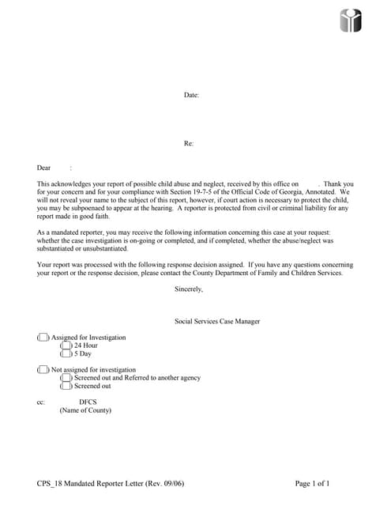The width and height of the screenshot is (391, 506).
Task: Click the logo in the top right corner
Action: click(351, 21)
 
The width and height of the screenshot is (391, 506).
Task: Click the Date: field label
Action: click(191, 95)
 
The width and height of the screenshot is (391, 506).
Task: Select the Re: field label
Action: click(189, 143)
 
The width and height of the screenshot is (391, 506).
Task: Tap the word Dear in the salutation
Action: click(44, 168)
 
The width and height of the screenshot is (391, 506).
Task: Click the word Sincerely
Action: click(189, 289)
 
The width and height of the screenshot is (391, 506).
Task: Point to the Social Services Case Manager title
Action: click(217, 321)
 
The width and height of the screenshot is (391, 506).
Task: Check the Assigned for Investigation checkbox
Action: click(43, 338)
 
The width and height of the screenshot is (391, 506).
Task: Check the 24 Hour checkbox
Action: click(66, 346)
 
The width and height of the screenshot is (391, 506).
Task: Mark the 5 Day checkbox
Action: click(66, 353)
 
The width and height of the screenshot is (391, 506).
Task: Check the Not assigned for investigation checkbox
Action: click(43, 369)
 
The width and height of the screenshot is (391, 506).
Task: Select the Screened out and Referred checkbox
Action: click(66, 378)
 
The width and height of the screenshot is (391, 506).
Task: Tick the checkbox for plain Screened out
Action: click(66, 386)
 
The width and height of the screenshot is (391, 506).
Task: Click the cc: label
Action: click(41, 402)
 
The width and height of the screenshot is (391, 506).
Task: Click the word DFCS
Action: click(88, 402)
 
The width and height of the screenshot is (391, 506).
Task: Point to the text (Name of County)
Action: click(85, 410)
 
